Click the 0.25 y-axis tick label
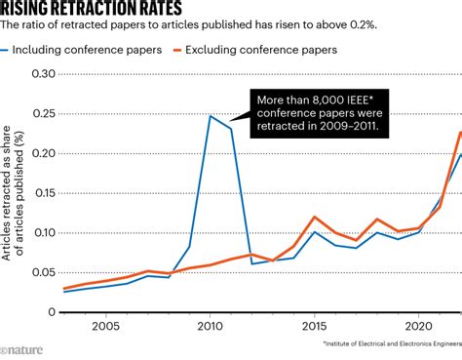coord(41,115)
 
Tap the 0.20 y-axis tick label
coord(41,154)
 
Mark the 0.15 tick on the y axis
coord(41,194)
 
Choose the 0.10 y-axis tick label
coord(41,233)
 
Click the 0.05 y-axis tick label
coord(41,273)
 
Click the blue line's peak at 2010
coord(211,116)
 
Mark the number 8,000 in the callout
coord(327,100)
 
